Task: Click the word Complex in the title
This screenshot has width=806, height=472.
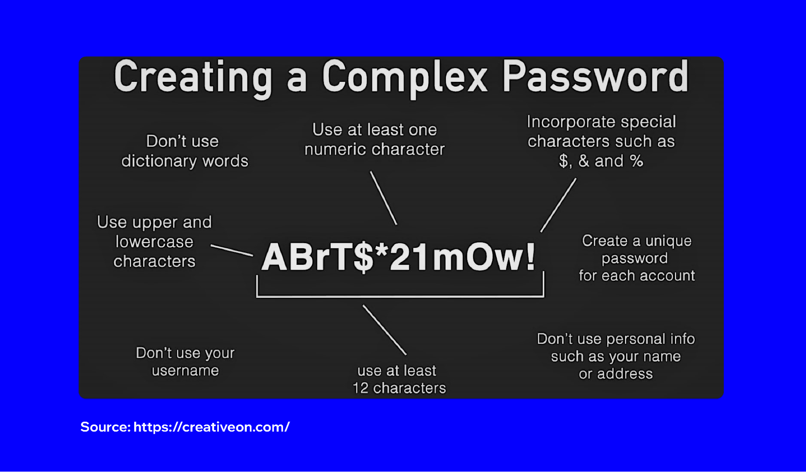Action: [x=405, y=78]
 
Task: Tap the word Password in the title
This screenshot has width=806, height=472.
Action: [x=595, y=77]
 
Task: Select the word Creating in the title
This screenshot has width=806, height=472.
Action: [x=193, y=78]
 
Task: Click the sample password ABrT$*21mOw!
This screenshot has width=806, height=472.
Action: [x=398, y=257]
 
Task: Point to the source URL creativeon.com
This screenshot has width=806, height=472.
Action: [x=211, y=427]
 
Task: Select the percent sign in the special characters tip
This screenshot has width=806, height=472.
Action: [x=636, y=161]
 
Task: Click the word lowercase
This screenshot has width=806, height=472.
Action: [x=154, y=242]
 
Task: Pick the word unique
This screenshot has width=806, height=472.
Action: [x=668, y=241]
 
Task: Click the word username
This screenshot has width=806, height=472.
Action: [x=185, y=370]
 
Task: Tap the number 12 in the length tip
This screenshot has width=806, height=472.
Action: [x=360, y=388]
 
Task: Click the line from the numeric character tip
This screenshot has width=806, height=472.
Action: [x=383, y=198]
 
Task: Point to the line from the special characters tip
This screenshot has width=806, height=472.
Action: [x=558, y=205]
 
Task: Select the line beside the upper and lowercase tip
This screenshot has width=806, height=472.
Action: [x=232, y=250]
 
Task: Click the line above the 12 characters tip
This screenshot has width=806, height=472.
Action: [x=385, y=330]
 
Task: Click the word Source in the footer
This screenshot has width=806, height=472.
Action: [x=105, y=427]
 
